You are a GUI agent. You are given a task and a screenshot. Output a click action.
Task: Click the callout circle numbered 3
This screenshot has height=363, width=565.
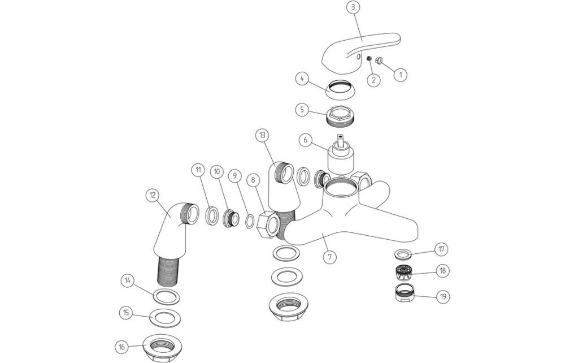[354, 8]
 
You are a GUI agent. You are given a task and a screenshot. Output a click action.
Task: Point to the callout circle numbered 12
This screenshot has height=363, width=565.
[151, 195]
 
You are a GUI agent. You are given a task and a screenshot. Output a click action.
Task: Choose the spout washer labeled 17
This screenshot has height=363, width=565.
[402, 252]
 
